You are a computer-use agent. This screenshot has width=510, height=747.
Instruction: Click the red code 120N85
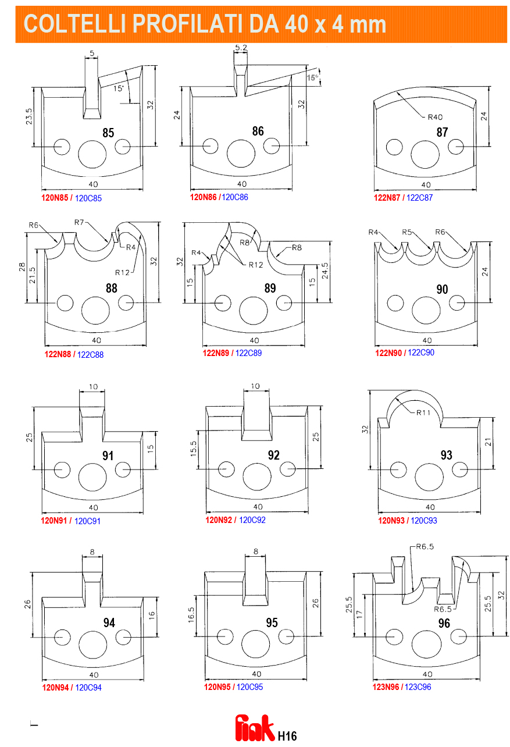point(55,197)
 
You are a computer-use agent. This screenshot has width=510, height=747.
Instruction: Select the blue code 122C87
point(419,197)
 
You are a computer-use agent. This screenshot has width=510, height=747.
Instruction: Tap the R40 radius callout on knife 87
point(435,117)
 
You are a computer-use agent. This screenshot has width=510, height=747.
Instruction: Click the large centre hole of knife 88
point(96,311)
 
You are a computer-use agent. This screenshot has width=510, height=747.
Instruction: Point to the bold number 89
point(270,288)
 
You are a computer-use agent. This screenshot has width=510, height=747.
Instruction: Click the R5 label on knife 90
point(406,232)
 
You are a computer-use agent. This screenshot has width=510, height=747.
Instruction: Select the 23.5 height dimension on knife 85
point(29,116)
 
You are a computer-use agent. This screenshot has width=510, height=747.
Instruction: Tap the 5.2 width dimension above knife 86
point(241,48)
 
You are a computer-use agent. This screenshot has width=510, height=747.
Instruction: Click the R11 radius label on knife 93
point(423,412)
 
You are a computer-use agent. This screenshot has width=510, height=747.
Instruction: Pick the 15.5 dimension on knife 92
point(193,449)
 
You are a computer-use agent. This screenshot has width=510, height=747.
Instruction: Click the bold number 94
point(109,622)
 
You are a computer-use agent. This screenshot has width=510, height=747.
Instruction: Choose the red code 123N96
point(386,686)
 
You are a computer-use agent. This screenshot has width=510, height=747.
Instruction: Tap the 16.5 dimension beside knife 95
point(191,614)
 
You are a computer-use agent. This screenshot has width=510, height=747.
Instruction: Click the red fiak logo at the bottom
point(255,727)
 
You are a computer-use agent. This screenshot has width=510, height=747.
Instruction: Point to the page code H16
point(287,736)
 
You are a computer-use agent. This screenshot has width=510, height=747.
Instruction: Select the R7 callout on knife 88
point(79,222)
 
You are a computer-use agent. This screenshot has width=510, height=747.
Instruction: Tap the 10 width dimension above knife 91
point(93,386)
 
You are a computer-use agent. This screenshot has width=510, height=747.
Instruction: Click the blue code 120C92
point(252,520)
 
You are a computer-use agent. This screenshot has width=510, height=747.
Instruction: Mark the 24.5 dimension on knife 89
point(324,271)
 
